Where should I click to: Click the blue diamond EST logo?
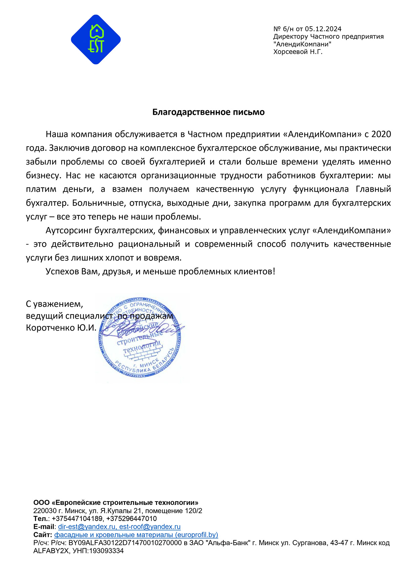click(x=96, y=39)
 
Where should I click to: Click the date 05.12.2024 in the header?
click(x=323, y=29)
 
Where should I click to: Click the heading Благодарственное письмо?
click(x=208, y=112)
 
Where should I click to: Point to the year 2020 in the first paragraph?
click(x=381, y=134)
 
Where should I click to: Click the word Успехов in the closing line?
click(x=62, y=271)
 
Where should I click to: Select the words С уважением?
click(x=54, y=304)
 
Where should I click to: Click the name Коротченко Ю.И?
click(x=61, y=328)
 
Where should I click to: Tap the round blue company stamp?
click(x=141, y=338)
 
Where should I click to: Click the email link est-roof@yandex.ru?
click(x=150, y=527)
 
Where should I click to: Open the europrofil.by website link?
click(x=136, y=535)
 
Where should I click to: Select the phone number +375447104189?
click(x=77, y=519)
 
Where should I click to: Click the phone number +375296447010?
click(x=131, y=519)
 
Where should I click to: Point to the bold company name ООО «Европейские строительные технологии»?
click(x=116, y=503)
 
